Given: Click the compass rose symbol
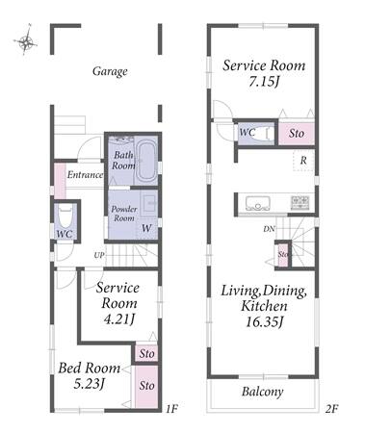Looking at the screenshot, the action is pos(26,40).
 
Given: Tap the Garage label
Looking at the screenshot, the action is pos(110,71).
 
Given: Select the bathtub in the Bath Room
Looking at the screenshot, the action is pos(146,162).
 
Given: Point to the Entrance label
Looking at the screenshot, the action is pos(85,175).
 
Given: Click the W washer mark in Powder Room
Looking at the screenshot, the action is pos(146,228).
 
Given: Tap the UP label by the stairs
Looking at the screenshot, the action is pos(99,256).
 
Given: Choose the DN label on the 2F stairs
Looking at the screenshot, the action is pos(269,229).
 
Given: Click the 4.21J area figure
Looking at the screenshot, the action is pos(119,319).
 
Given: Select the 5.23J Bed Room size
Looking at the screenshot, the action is pos(90,384).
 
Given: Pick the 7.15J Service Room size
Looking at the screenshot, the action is pos(264,82).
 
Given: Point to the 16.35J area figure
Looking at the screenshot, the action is pos(265,321).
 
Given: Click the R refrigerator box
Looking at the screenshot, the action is pos(303,160).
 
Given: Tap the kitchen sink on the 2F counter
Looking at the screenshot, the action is pos(258,203).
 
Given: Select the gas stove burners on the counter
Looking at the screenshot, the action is pos(300,202).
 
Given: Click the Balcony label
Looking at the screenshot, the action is pos(263,392).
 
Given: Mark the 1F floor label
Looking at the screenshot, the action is pos(171,409).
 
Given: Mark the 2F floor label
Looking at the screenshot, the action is pos(331,409).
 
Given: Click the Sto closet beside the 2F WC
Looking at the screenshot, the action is pos(296,133).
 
